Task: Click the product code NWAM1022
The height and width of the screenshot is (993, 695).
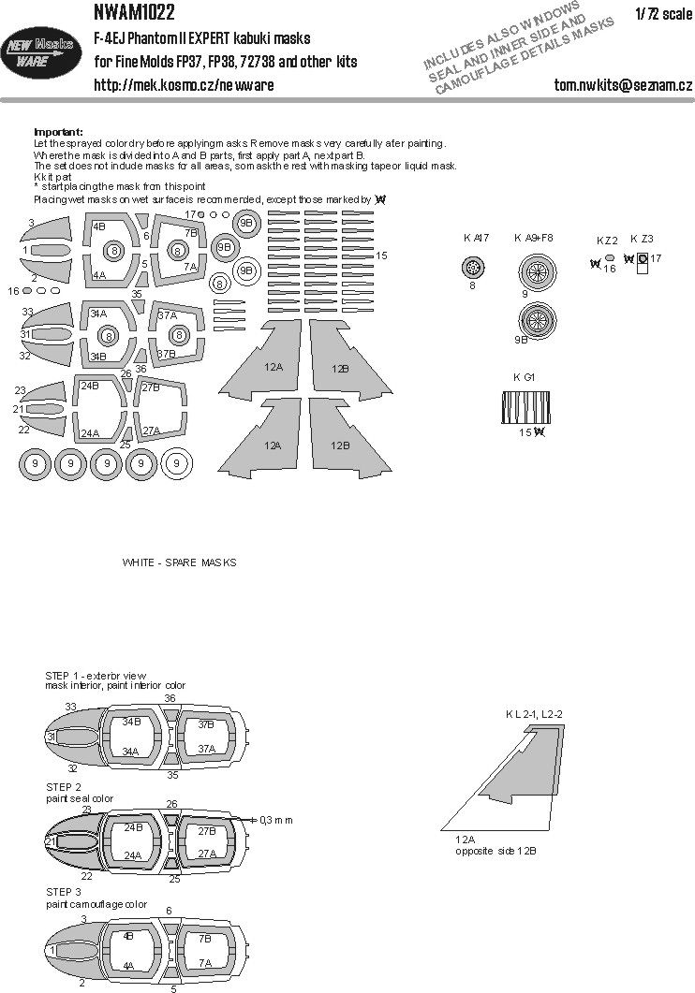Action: [x=134, y=13]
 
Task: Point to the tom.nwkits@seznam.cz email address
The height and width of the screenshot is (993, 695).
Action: [x=623, y=85]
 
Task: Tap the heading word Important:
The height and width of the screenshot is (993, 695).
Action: [x=58, y=132]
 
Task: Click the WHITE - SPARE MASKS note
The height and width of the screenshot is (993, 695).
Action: [x=179, y=562]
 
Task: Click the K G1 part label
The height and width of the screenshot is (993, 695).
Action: [x=525, y=376]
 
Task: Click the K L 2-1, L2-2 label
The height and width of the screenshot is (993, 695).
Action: [x=540, y=714]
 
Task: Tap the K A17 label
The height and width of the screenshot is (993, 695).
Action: [x=476, y=238]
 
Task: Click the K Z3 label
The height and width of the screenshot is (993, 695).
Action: [x=642, y=239]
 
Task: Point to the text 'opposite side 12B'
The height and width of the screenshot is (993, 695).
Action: [x=495, y=851]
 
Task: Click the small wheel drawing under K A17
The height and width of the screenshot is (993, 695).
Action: [x=474, y=269]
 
